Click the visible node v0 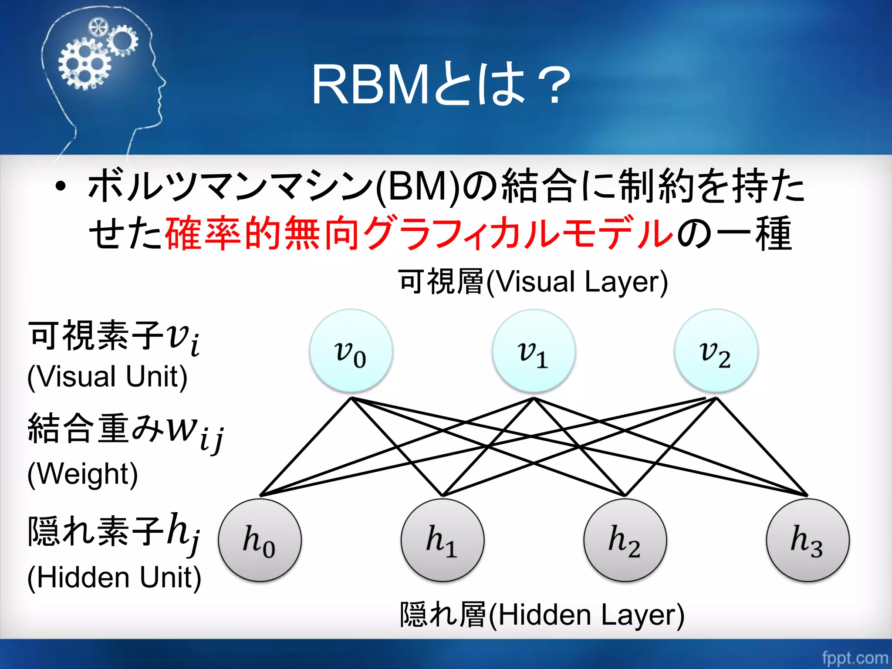coord(351,351)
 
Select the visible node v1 coord(534,351)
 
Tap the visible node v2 coord(716,351)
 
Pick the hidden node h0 coord(260,541)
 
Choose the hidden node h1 coord(443,541)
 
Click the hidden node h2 coord(625,541)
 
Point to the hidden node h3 coord(808,541)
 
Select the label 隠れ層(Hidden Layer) coord(542,615)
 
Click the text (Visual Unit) coord(107,377)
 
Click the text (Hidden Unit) coord(114,578)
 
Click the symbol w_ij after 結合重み coord(196,433)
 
